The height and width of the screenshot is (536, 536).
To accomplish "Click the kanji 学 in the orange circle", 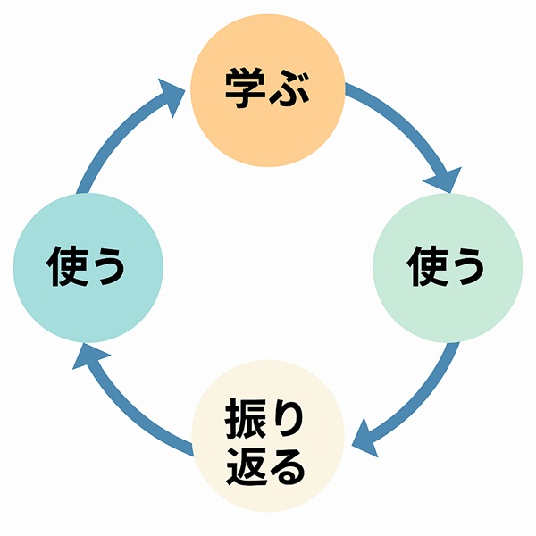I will click(243, 89).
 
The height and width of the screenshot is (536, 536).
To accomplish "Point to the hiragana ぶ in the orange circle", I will click(291, 90).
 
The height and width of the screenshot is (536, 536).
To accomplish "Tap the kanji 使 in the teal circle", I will click(63, 266).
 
